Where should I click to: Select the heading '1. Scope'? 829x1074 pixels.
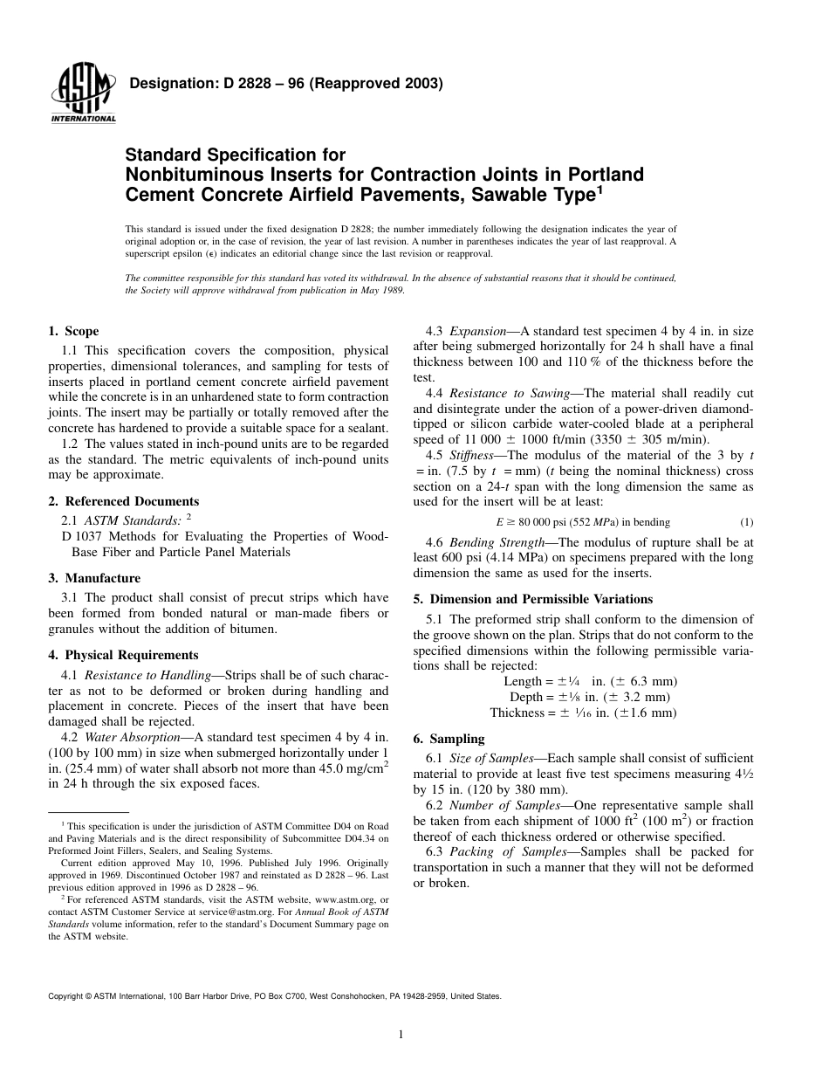pyautogui.click(x=73, y=331)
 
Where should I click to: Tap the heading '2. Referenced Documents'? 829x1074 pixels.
pyautogui.click(x=123, y=501)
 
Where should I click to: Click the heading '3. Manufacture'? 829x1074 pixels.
pyautogui.click(x=94, y=578)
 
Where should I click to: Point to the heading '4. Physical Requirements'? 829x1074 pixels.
pyautogui.click(x=123, y=655)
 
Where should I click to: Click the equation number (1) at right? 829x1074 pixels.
pyautogui.click(x=746, y=522)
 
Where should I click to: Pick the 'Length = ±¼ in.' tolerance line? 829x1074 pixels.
pyautogui.click(x=590, y=681)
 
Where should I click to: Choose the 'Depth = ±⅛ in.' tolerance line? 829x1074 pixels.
pyautogui.click(x=590, y=697)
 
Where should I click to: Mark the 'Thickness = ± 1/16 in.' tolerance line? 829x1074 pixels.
pyautogui.click(x=583, y=713)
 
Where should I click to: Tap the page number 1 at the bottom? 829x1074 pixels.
pyautogui.click(x=400, y=1036)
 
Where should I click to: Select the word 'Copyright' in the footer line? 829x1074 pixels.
pyautogui.click(x=66, y=995)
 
